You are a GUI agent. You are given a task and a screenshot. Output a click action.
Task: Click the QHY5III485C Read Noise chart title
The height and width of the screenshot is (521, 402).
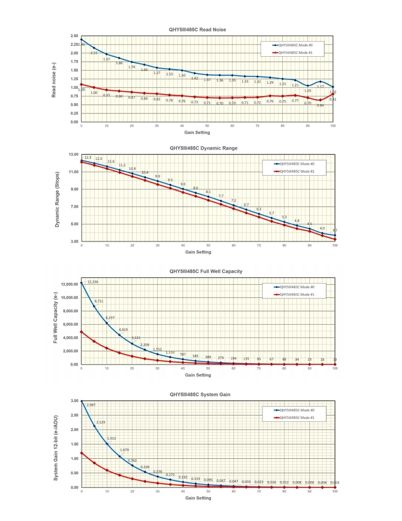click(197, 30)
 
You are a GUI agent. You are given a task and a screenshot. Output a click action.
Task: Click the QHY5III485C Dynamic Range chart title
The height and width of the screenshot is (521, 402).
click(203, 148)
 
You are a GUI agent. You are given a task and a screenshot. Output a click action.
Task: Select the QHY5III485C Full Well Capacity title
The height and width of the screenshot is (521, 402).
click(205, 271)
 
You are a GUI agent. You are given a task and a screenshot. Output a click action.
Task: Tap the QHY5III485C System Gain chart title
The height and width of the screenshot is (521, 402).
click(200, 394)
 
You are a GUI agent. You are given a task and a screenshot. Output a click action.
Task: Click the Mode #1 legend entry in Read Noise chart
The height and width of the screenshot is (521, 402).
click(295, 53)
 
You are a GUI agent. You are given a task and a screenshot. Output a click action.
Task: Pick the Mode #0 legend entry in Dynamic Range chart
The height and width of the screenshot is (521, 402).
click(295, 164)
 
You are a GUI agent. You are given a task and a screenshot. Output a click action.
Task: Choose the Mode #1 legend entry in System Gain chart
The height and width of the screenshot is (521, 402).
click(295, 418)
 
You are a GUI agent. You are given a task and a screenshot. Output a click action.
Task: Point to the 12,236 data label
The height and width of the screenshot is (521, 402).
click(93, 282)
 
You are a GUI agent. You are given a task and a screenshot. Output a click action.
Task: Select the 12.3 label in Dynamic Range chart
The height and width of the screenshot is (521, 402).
click(88, 157)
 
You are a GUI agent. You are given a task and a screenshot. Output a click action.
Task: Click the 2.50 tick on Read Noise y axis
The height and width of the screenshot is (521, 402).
click(74, 36)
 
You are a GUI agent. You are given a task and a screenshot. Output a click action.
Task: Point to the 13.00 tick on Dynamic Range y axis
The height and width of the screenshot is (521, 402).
click(72, 154)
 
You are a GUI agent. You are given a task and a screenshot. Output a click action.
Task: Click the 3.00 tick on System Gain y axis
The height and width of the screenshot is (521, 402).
click(74, 401)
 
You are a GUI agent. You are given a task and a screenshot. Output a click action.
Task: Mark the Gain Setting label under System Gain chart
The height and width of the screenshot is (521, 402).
click(198, 498)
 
